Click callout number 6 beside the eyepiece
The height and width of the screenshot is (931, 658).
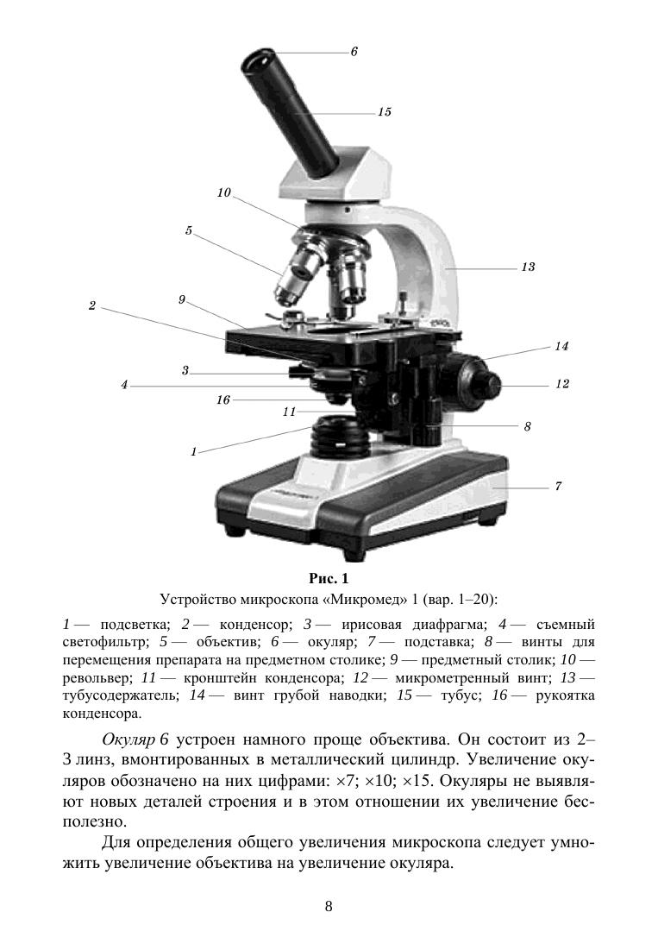tap(354, 53)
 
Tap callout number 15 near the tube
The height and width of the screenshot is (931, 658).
tap(385, 112)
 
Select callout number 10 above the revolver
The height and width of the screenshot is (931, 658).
tap(224, 193)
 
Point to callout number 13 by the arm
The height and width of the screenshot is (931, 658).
tap(528, 267)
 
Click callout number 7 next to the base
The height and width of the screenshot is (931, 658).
tap(558, 487)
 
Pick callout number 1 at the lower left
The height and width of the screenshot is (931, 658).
tap(194, 451)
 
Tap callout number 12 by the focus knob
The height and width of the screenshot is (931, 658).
tap(561, 384)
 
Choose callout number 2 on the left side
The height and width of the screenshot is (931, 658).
tap(92, 305)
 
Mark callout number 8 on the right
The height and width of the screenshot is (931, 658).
tap(527, 426)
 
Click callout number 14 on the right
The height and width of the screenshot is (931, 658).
tap(561, 346)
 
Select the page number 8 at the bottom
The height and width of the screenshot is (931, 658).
tap(329, 906)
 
